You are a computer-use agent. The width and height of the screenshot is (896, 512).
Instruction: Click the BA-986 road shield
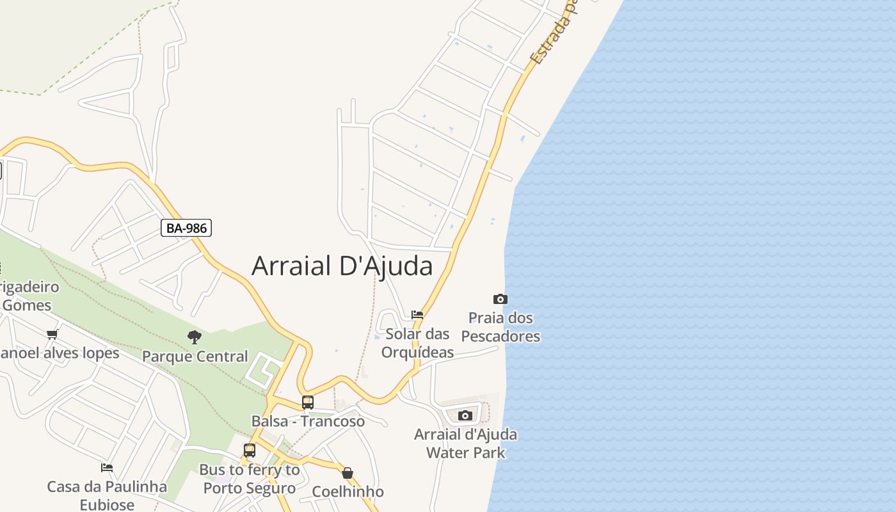[186, 228]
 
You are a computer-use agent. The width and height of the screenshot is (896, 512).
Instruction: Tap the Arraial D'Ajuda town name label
[342, 266]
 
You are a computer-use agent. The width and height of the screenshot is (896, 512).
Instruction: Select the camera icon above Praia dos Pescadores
[500, 299]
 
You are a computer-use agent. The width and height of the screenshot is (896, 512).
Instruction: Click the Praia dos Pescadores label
[500, 327]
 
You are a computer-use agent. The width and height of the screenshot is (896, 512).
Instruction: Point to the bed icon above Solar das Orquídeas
[417, 314]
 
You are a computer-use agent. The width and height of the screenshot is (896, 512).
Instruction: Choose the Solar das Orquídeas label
[417, 343]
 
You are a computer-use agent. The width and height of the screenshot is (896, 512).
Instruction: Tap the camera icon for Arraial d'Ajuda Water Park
[465, 415]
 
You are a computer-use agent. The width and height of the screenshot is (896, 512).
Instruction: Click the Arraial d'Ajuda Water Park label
[465, 444]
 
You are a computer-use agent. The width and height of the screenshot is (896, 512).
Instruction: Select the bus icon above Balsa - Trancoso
[308, 403]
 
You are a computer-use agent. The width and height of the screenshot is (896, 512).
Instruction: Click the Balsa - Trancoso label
[308, 421]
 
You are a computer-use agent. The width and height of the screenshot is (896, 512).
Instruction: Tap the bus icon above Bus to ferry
[250, 451]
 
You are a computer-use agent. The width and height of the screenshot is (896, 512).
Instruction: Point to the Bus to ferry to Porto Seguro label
[250, 479]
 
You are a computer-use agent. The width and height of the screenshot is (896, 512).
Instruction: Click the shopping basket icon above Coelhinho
[348, 473]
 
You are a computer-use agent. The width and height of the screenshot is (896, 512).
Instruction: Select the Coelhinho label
[348, 492]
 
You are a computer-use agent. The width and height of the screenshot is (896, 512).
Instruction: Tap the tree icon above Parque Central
[195, 337]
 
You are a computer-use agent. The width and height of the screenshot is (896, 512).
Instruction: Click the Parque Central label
[195, 356]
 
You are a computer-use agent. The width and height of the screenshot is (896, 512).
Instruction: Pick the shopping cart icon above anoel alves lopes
[52, 334]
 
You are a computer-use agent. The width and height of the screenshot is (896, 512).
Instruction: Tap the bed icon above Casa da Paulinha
[107, 468]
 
